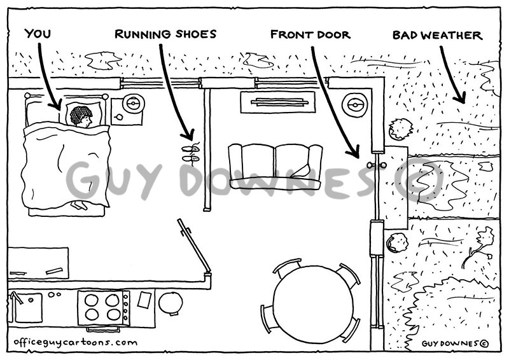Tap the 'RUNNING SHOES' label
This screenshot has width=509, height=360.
point(165,34)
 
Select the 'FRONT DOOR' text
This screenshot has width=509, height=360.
point(310,34)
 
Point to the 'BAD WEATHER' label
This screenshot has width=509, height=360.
point(436,34)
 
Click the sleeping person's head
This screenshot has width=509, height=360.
point(81,116)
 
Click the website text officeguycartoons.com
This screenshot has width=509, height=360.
point(75,342)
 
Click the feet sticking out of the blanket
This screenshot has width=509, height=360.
point(79,205)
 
